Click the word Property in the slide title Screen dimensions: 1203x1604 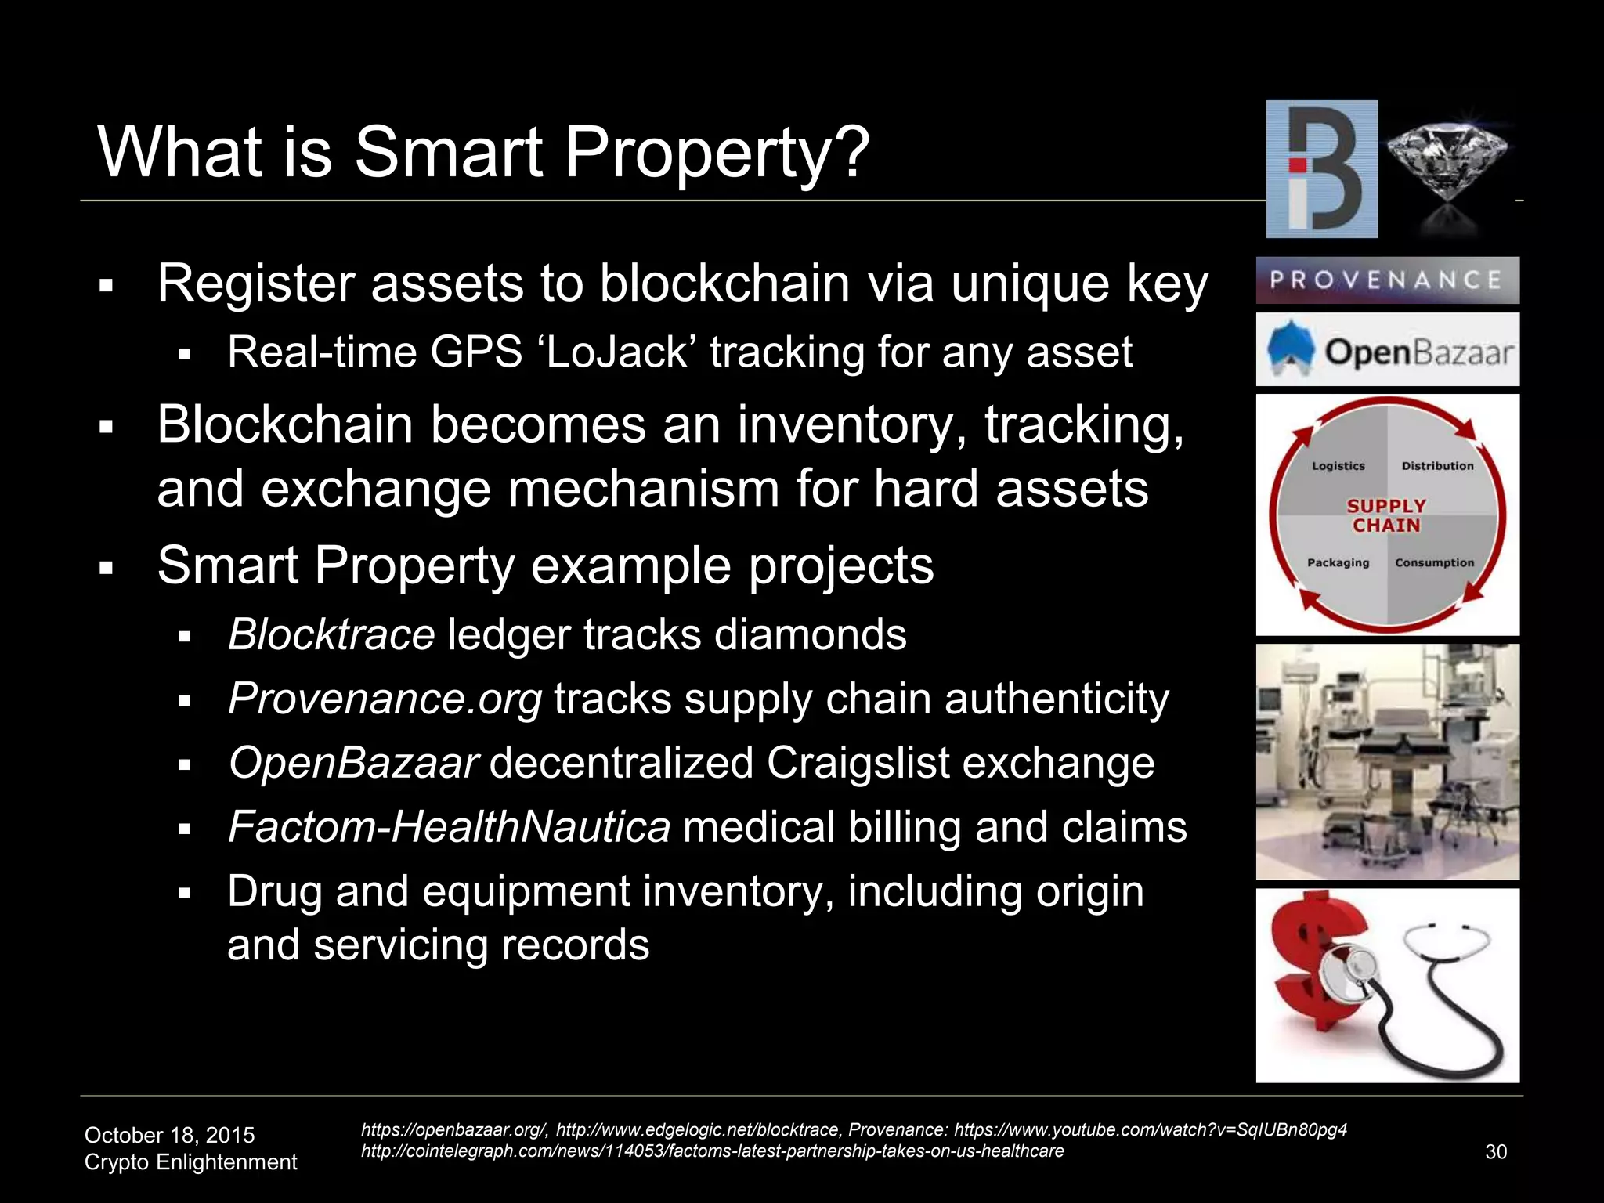[716, 153]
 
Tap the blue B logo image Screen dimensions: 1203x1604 [1321, 169]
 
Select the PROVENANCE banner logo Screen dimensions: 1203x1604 [1387, 280]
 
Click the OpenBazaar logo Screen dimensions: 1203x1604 [1387, 351]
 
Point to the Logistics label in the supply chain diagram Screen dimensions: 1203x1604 [1338, 466]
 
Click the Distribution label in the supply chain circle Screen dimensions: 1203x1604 [1437, 466]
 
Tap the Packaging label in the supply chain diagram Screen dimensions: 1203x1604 [1338, 562]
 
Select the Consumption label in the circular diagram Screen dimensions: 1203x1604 [1434, 562]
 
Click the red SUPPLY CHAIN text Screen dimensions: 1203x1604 [1386, 516]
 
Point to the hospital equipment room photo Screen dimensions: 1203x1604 [1387, 761]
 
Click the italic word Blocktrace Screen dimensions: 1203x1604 [331, 634]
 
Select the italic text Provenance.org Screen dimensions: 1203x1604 [385, 699]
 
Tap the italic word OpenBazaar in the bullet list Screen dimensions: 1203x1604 [353, 763]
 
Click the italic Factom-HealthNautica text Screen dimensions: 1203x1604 [449, 827]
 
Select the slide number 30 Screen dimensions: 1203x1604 [1496, 1152]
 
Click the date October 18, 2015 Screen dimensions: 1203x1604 [169, 1135]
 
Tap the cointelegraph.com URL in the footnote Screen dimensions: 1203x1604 [712, 1151]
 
